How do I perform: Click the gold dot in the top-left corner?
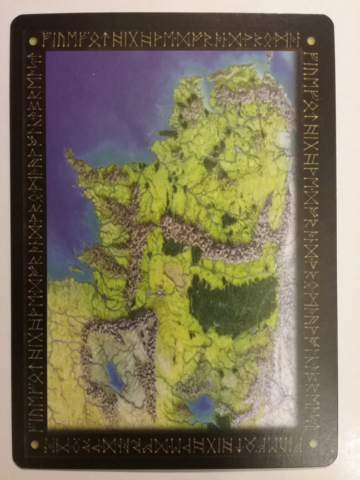(x=33, y=40)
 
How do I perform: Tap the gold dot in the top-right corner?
(x=310, y=40)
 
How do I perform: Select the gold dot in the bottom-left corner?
(x=34, y=443)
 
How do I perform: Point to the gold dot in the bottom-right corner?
(x=313, y=443)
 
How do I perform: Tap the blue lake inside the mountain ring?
(x=114, y=376)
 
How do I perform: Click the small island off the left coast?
(x=75, y=268)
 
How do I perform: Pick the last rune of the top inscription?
(x=295, y=39)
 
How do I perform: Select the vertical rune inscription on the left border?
(x=34, y=240)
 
